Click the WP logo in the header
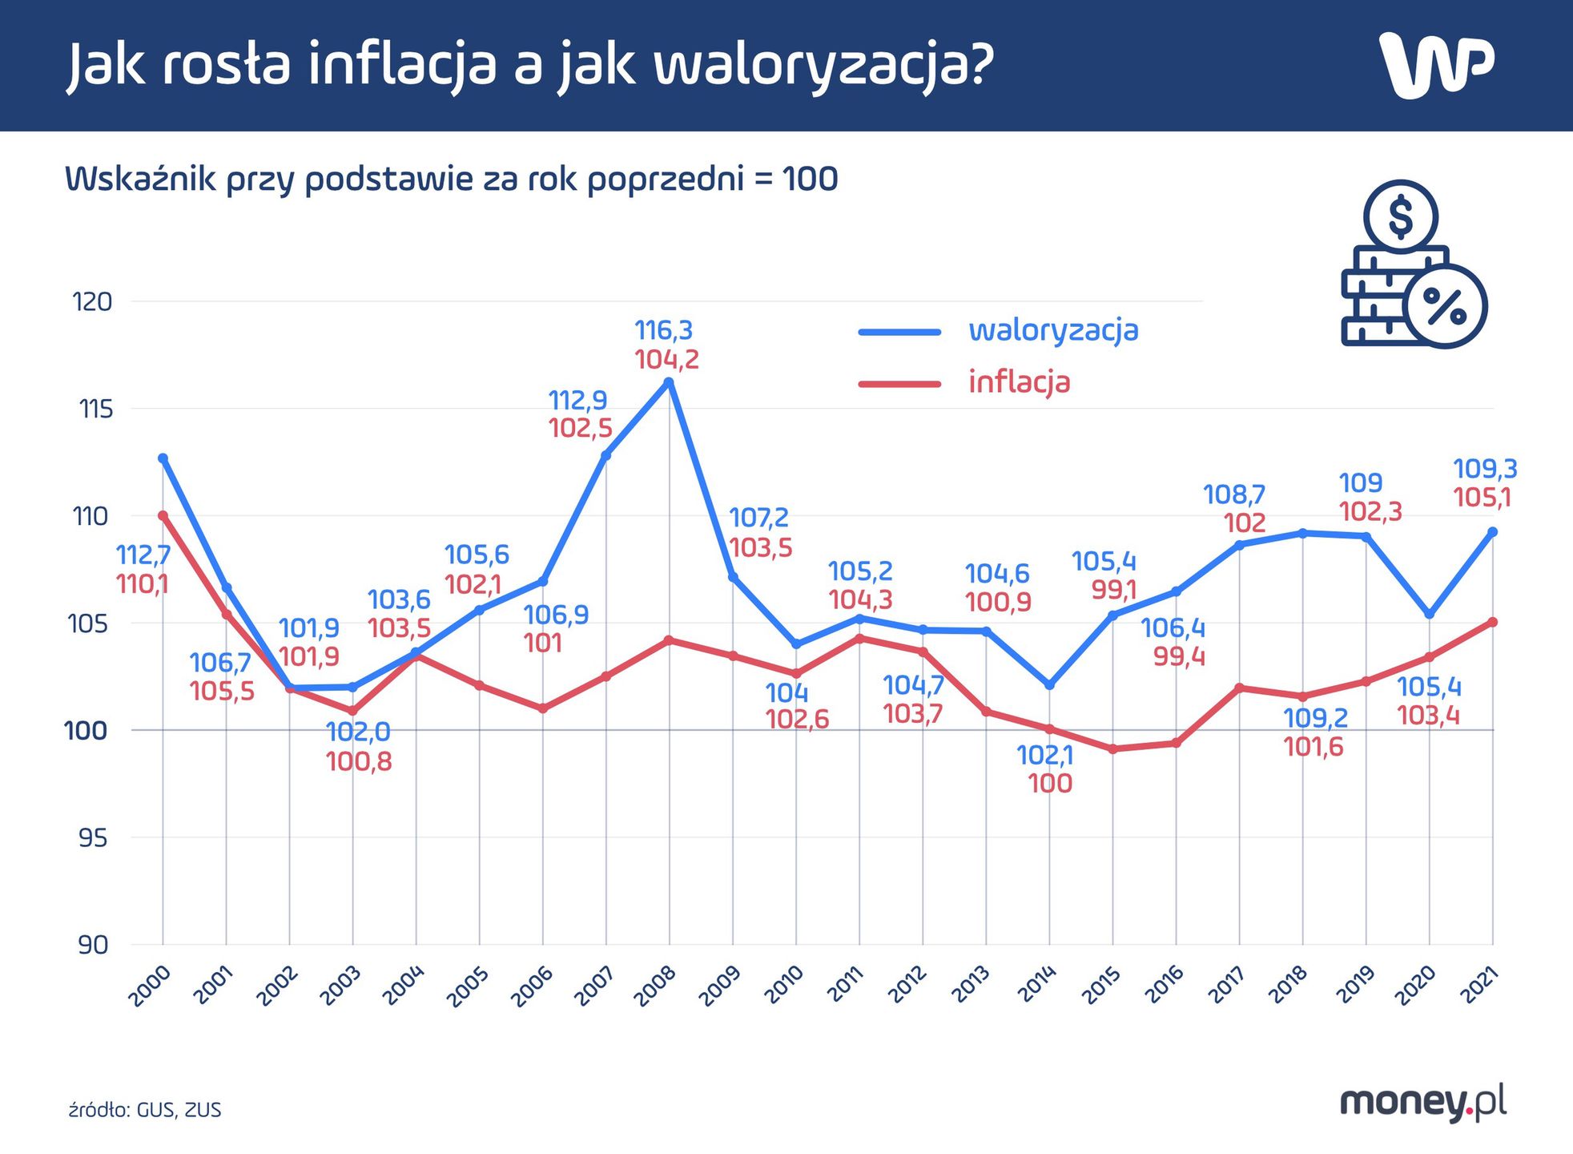(x=1436, y=66)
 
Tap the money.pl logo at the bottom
(x=1422, y=1103)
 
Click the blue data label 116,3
(x=663, y=329)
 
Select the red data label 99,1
(x=1114, y=591)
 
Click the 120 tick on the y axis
(x=92, y=302)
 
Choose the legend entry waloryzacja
(x=1052, y=329)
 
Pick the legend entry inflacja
(x=1019, y=381)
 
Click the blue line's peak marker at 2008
(x=670, y=381)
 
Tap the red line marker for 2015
(x=1112, y=749)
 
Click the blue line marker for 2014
(x=1049, y=685)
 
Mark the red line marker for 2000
(x=163, y=516)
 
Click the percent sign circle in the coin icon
(x=1446, y=306)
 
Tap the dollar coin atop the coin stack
(x=1401, y=216)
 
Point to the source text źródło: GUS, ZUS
(x=145, y=1110)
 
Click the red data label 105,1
(x=1482, y=498)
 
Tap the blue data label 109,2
(x=1315, y=718)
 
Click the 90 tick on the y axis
(x=94, y=946)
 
